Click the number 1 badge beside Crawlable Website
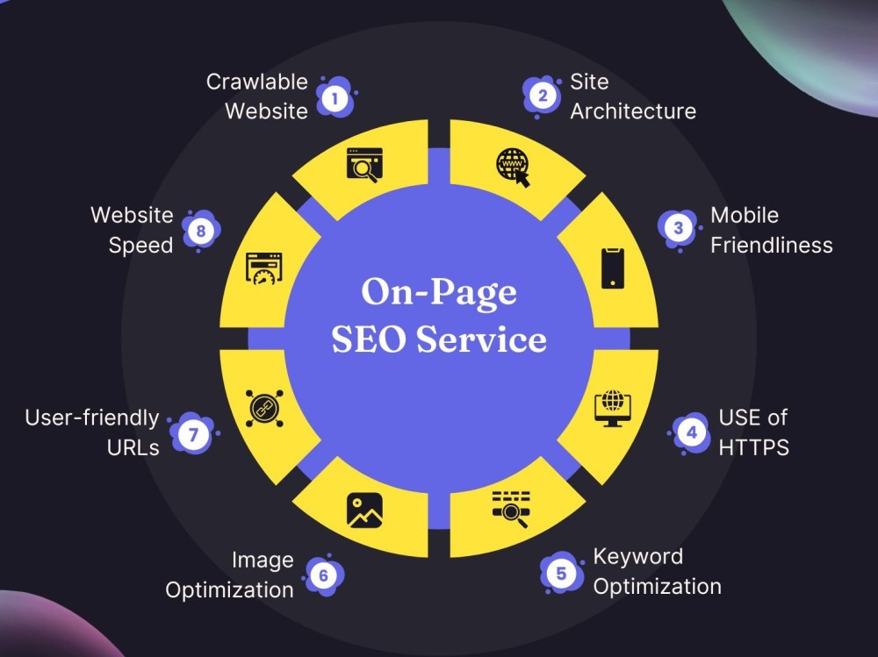335,98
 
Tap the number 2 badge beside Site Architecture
542,96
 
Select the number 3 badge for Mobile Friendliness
679,228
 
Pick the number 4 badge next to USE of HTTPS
692,432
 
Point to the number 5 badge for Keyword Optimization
561,573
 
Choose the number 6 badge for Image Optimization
324,575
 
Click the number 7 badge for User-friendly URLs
193,434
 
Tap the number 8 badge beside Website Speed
200,231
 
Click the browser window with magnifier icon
364,165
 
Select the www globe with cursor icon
513,167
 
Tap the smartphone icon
613,268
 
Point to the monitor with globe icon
613,408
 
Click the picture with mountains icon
364,511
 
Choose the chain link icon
264,409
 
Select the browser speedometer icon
263,268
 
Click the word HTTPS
753,447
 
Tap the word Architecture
633,111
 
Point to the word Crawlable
257,82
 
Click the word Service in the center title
481,339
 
